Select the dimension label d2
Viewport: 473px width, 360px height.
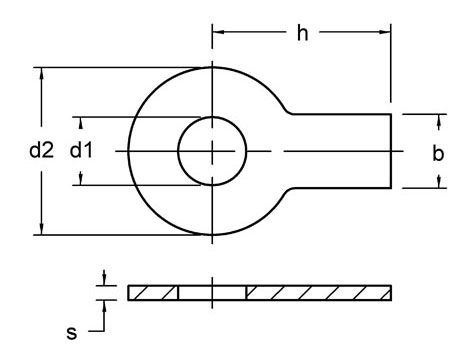40,151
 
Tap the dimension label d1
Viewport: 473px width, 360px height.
81,151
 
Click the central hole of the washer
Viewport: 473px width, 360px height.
212,151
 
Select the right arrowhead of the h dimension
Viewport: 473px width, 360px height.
385,33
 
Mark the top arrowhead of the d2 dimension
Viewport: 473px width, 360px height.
40,73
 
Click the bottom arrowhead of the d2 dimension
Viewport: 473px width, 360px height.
40,229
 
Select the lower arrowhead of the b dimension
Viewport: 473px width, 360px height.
437,182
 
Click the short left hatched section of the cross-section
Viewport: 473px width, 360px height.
153,292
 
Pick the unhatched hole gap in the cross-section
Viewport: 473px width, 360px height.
212,292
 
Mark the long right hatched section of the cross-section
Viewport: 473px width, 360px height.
318,292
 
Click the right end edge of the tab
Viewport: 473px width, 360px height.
391,151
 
